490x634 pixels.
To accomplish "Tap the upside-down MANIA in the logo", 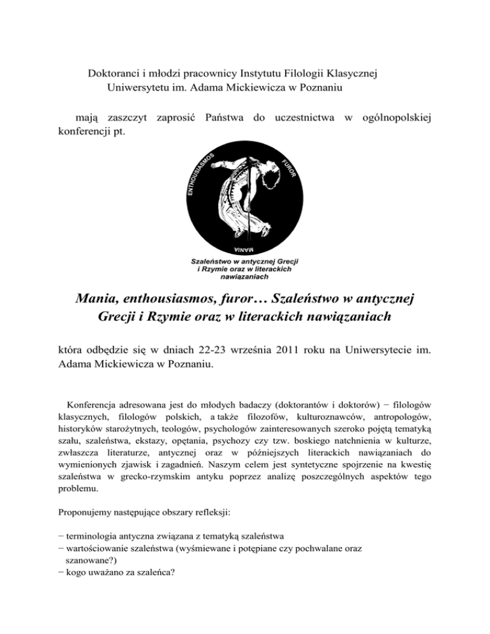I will pos(244,247).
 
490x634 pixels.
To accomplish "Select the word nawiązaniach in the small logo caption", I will pos(246,277).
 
